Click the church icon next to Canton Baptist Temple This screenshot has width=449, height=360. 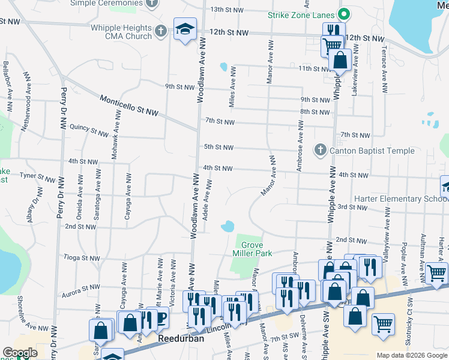(320, 150)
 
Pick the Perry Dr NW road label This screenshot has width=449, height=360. (62, 109)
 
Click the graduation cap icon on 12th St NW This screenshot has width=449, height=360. (185, 28)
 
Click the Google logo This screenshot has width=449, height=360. (20, 353)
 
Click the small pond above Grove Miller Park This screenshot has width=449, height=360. (228, 227)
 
